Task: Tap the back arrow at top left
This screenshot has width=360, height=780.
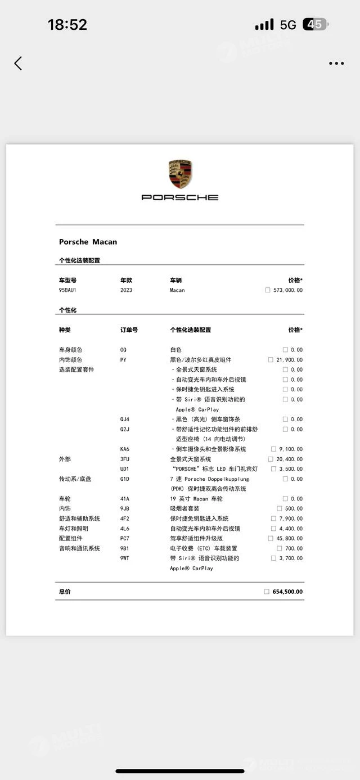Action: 18,63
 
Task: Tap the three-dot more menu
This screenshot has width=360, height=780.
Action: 336,64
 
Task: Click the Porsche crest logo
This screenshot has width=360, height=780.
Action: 180,174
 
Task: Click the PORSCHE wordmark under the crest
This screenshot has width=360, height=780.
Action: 180,197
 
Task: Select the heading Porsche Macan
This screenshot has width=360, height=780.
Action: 88,242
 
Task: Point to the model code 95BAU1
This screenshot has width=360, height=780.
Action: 67,290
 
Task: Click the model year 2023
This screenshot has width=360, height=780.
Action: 126,290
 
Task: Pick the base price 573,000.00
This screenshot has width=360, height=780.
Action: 287,290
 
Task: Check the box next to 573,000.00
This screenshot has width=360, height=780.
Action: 267,290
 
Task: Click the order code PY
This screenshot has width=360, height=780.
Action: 123,360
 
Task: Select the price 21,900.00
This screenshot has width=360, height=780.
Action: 289,360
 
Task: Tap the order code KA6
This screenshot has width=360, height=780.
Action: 124,449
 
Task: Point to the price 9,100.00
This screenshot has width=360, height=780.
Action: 290,449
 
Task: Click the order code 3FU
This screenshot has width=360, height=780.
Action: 124,459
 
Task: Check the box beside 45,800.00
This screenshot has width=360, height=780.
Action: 271,539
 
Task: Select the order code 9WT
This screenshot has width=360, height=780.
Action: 124,558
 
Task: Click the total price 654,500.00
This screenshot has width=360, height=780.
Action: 287,592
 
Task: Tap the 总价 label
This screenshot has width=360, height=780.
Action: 65,592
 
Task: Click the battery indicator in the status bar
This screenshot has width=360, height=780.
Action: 315,25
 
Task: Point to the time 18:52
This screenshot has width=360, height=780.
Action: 67,25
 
